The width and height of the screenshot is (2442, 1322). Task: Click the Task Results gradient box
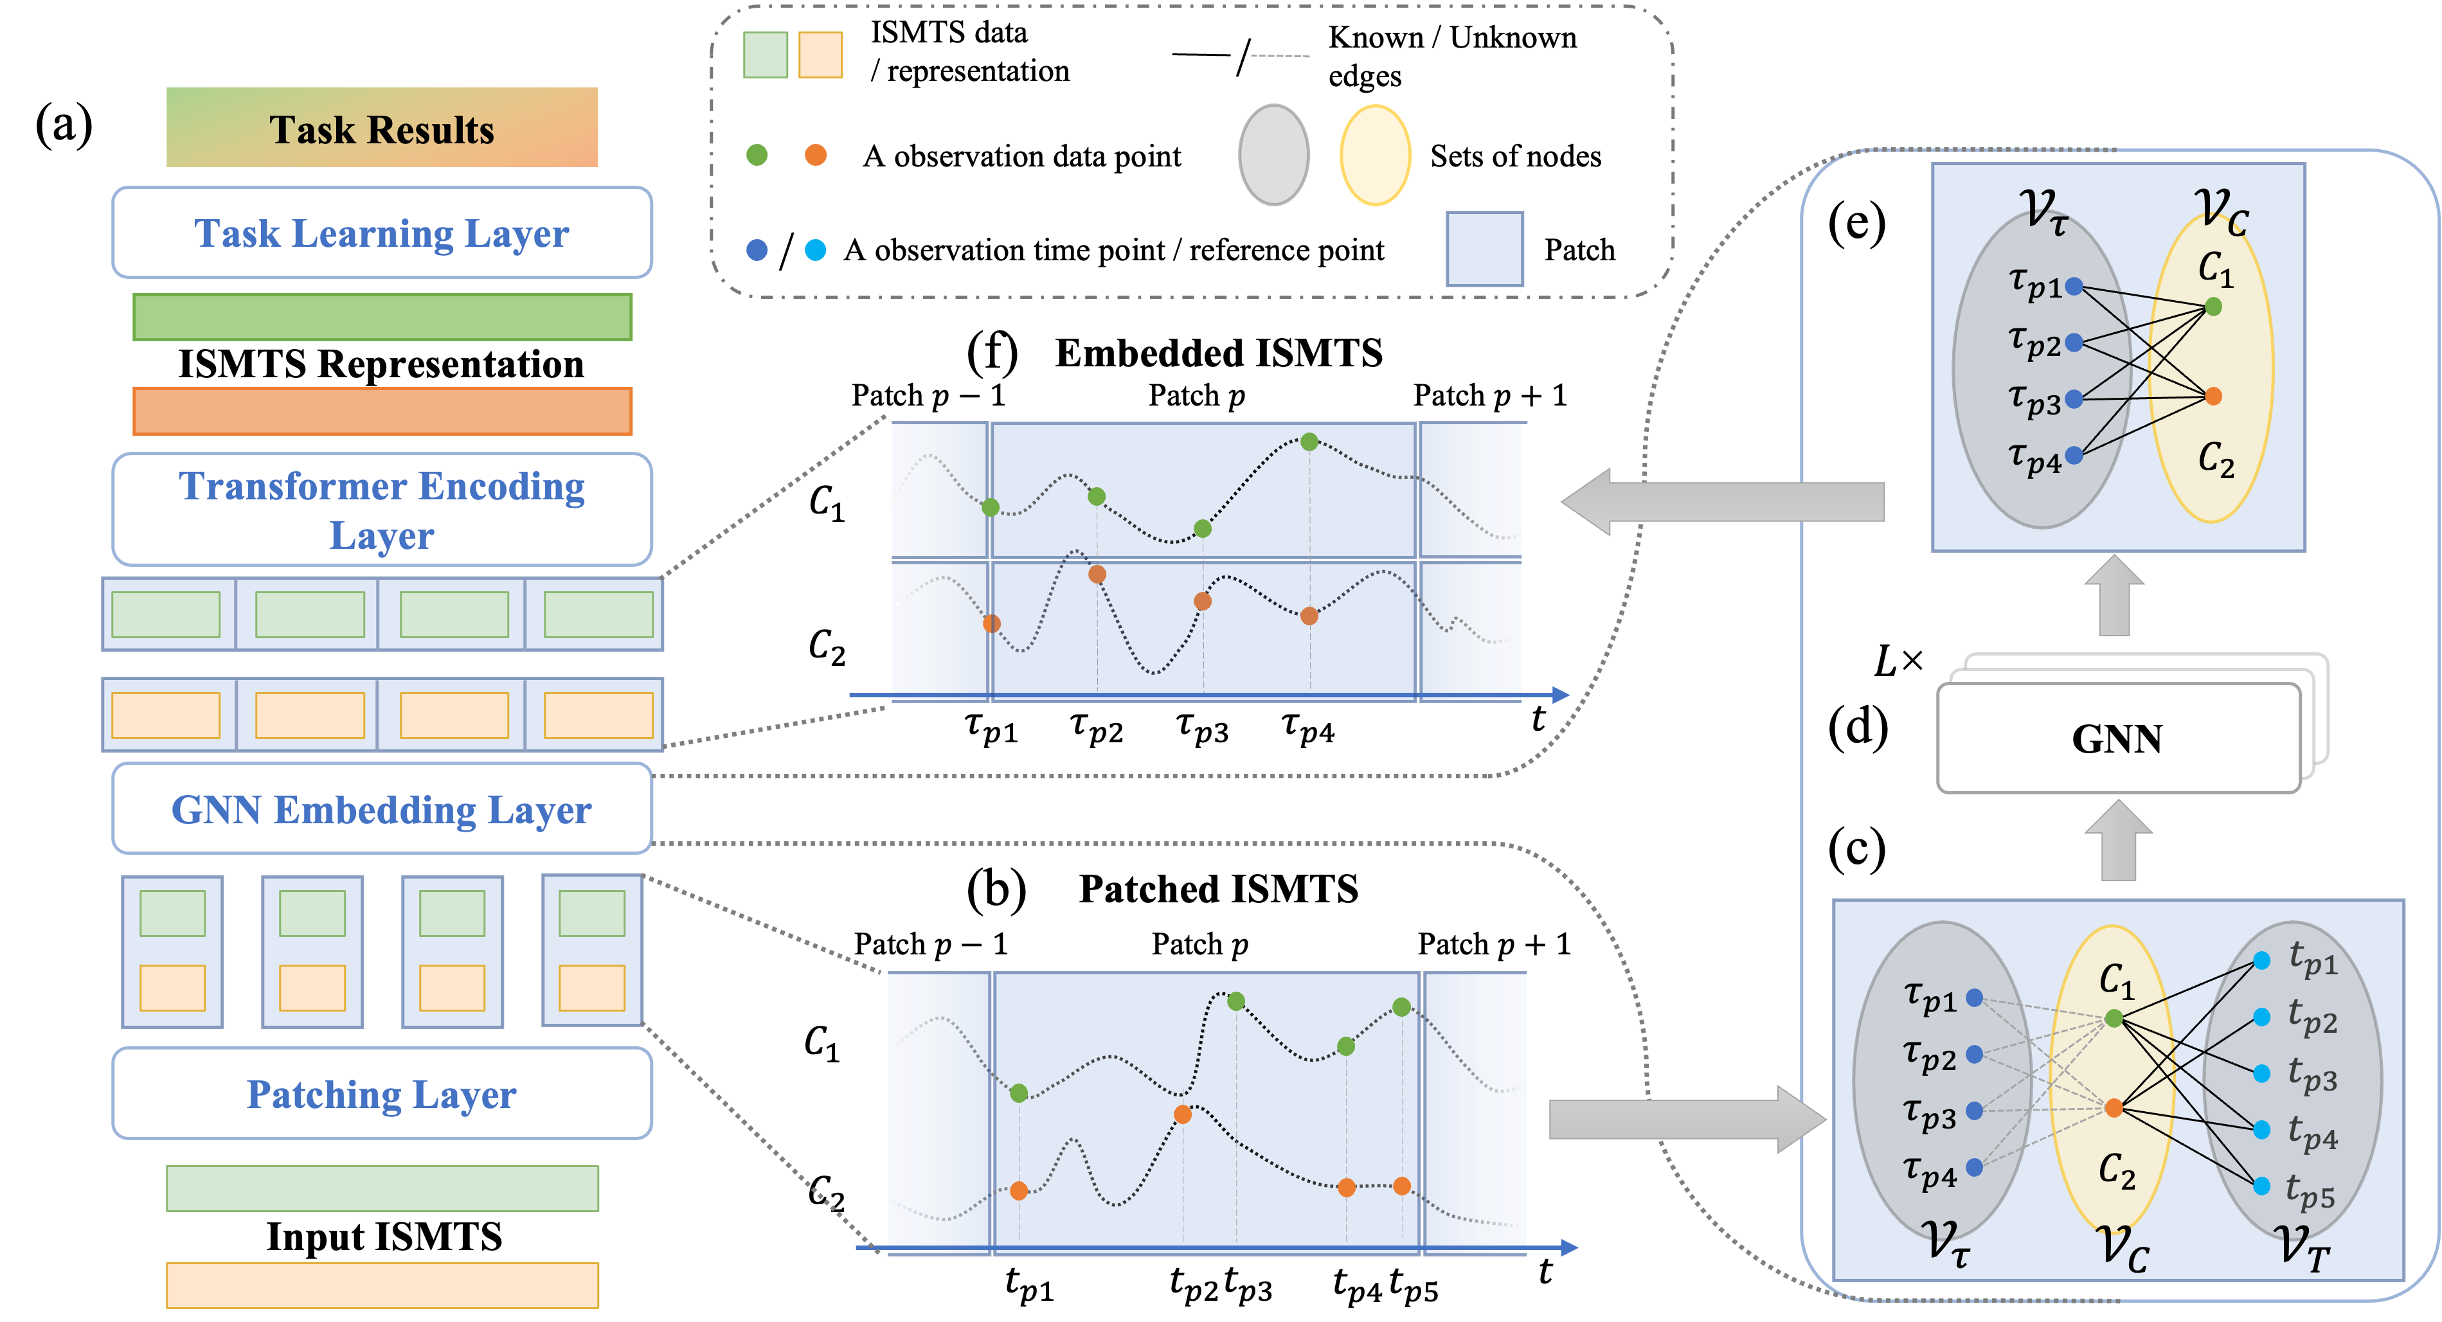(x=382, y=128)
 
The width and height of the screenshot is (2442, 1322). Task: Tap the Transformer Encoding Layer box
(x=382, y=510)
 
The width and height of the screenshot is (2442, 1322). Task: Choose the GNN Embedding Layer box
(x=382, y=809)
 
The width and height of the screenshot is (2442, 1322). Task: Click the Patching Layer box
(x=382, y=1094)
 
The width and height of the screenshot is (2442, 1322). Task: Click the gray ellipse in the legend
(x=1274, y=154)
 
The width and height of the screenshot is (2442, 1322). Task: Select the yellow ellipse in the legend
(x=1374, y=154)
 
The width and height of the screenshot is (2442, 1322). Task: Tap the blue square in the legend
(x=1484, y=248)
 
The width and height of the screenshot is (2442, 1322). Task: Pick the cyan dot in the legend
(x=815, y=249)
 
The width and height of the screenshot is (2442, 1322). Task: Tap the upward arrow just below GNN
(x=2118, y=841)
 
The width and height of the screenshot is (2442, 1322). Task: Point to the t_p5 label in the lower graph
(x=2310, y=1192)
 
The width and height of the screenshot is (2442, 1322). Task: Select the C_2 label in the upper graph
(x=2216, y=460)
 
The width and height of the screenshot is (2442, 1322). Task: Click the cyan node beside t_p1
(x=2262, y=961)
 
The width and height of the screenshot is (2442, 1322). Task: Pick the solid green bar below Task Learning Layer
(x=382, y=317)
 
